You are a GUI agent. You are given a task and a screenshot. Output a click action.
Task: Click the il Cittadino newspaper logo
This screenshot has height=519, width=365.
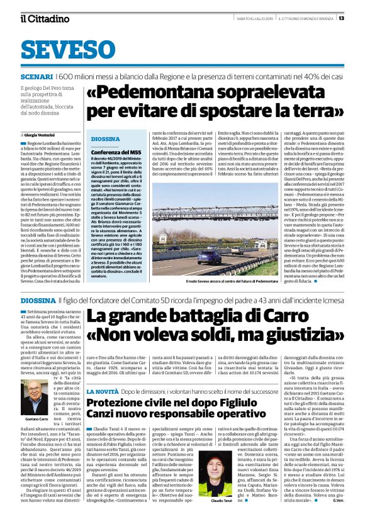pos(43,18)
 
